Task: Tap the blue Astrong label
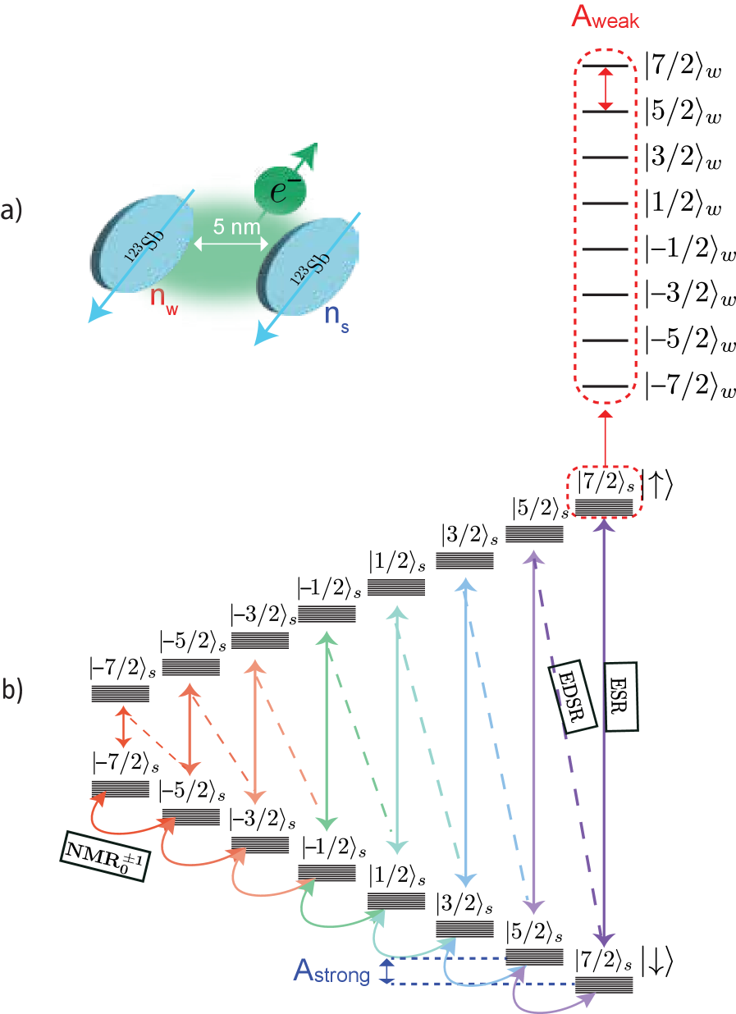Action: (x=331, y=972)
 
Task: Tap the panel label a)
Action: (x=12, y=212)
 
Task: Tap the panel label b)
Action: (x=12, y=691)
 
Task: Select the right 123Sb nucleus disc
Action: (x=311, y=266)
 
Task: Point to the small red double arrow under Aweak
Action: (x=605, y=89)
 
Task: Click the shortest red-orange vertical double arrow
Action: (x=122, y=726)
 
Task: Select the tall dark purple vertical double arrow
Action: (x=605, y=730)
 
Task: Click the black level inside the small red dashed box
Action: (x=604, y=506)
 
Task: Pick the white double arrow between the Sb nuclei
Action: (x=231, y=244)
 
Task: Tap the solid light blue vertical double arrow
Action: (x=465, y=730)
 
